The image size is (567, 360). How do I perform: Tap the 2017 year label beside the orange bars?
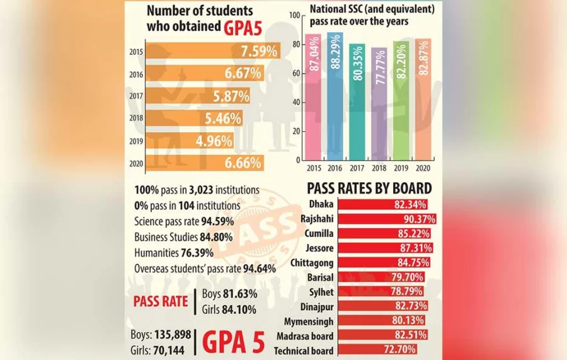[134, 96]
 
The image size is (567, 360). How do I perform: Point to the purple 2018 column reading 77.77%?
[379, 104]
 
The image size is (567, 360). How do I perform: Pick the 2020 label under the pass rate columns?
[423, 169]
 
